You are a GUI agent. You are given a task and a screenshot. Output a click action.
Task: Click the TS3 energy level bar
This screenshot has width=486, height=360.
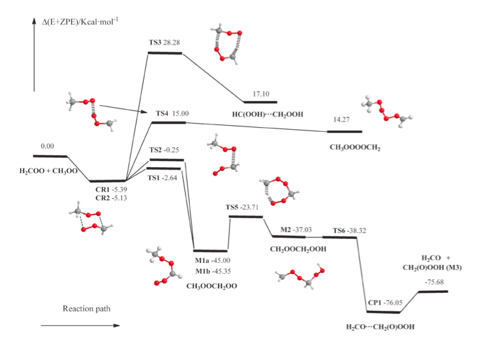(165, 53)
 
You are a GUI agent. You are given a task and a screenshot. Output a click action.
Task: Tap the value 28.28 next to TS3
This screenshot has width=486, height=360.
(171, 42)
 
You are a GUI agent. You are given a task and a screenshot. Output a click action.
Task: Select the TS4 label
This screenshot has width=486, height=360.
(162, 113)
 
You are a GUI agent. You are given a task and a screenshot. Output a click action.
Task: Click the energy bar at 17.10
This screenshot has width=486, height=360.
(260, 102)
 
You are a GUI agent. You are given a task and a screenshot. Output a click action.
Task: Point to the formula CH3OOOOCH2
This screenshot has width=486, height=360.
(355, 148)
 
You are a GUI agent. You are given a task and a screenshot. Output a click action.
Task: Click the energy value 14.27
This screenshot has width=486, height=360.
(342, 120)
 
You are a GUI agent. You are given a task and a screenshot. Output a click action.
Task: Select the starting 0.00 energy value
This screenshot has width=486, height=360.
(47, 146)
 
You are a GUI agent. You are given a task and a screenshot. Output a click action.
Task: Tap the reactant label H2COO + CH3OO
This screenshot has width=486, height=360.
(49, 171)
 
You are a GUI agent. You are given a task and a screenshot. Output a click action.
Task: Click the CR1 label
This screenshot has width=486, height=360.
(103, 189)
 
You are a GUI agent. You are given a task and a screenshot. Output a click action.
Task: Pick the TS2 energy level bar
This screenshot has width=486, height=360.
(166, 160)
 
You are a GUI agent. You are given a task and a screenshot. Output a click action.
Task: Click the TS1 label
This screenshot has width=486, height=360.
(154, 178)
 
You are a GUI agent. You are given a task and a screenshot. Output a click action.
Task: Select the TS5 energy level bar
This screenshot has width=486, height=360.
(246, 216)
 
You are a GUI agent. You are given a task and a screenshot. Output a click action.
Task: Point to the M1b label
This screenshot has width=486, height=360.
(202, 271)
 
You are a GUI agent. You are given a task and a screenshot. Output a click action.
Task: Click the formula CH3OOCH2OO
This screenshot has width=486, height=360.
(212, 286)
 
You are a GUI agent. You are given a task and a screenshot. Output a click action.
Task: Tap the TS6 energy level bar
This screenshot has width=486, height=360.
(340, 238)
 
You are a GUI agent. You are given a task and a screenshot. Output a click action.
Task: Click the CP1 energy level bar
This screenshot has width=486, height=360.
(383, 312)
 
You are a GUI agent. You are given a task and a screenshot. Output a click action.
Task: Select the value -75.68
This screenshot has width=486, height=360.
(434, 282)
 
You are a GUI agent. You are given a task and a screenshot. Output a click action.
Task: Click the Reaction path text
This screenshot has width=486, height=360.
(87, 309)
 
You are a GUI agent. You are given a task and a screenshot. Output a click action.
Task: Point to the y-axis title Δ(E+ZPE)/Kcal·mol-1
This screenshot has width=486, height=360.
(81, 22)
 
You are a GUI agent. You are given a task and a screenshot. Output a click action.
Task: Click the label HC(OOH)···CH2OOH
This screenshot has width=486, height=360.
(268, 114)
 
